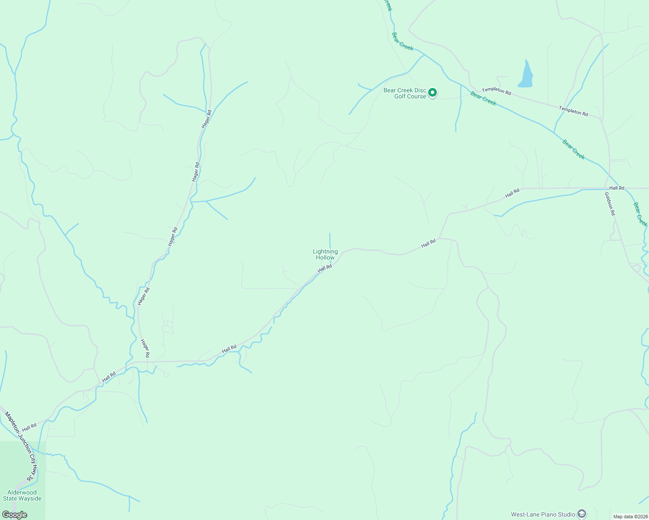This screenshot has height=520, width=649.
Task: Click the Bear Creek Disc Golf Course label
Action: click(x=405, y=93)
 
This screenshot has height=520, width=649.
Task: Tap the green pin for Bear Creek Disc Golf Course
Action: click(x=432, y=92)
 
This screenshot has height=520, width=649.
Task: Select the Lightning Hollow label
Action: click(x=325, y=254)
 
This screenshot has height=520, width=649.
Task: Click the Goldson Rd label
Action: click(x=610, y=204)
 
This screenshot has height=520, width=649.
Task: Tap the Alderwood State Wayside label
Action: click(x=22, y=495)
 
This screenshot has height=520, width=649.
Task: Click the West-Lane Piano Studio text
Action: click(x=543, y=514)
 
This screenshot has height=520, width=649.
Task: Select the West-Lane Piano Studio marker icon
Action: click(x=581, y=514)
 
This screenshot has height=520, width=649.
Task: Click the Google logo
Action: click(x=14, y=514)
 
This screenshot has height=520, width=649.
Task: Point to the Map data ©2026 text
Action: click(x=630, y=517)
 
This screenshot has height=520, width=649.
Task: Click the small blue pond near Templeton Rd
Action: click(x=526, y=75)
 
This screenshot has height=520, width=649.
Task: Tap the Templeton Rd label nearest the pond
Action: click(x=496, y=91)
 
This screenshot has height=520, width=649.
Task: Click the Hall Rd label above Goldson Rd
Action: click(x=616, y=188)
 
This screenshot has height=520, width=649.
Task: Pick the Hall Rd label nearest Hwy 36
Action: click(x=29, y=427)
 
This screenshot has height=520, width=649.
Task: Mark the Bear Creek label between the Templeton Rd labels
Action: click(x=483, y=98)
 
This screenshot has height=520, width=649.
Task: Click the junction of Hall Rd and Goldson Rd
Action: click(x=607, y=188)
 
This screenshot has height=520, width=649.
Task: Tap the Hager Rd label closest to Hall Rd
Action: click(x=145, y=348)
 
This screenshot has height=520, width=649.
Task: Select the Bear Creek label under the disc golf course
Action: click(x=483, y=98)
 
